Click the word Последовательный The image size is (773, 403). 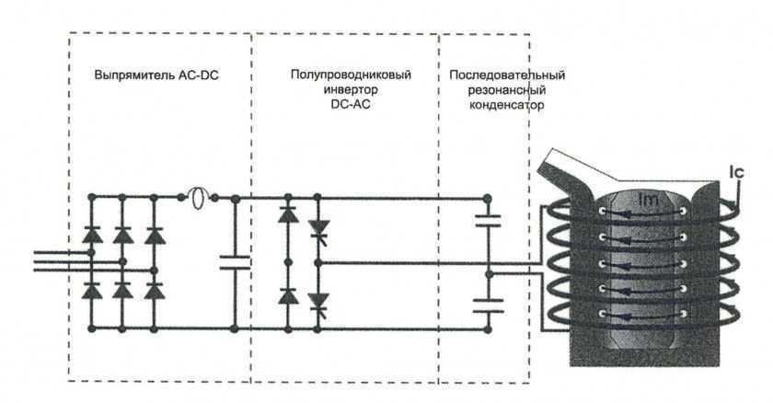pyautogui.click(x=506, y=75)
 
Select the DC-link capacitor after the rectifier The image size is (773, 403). pyautogui.click(x=236, y=262)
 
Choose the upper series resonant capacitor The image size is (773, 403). pyautogui.click(x=488, y=222)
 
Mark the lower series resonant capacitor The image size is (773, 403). pyautogui.click(x=488, y=305)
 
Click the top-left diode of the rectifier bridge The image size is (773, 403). pyautogui.click(x=92, y=234)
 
